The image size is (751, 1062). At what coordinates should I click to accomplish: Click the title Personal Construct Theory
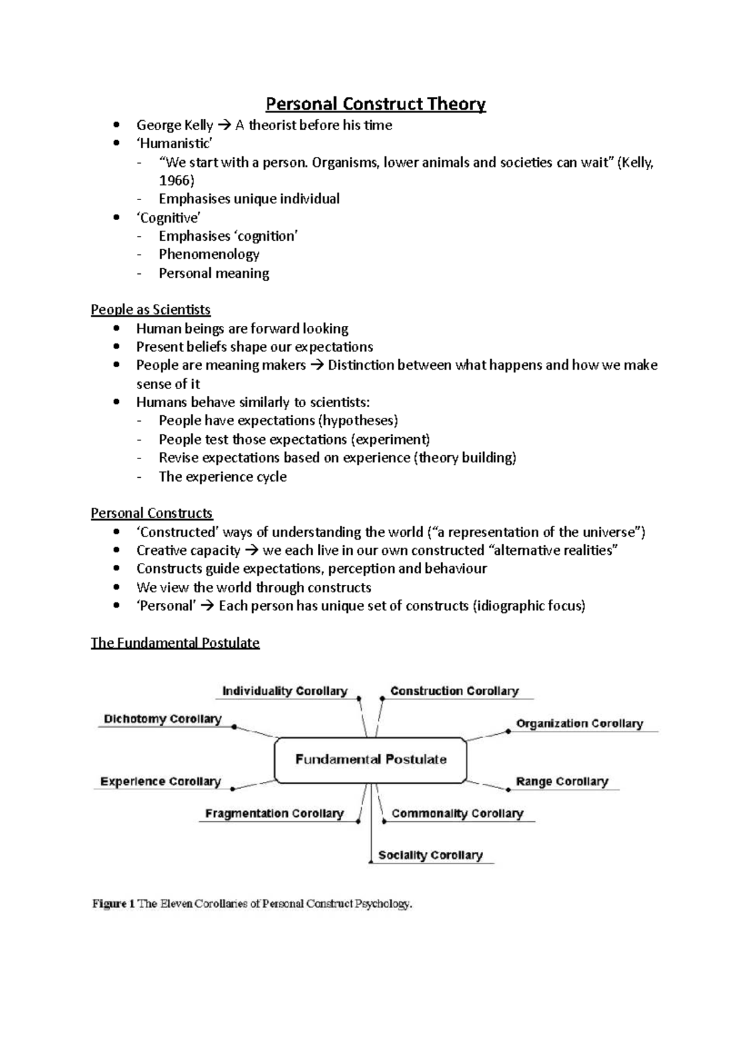click(x=375, y=103)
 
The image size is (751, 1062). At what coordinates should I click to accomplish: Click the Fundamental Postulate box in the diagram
click(x=370, y=759)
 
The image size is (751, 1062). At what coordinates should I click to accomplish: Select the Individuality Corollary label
click(x=285, y=691)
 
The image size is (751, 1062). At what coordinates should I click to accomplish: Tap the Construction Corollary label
click(x=454, y=691)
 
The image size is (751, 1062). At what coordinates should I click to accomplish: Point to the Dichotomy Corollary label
click(x=163, y=719)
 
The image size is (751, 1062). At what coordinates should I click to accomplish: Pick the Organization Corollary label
click(x=580, y=724)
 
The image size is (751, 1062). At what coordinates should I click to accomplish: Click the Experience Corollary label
click(x=160, y=782)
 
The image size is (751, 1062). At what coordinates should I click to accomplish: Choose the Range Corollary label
click(x=562, y=782)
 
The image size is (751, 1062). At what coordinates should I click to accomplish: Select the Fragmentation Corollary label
click(x=274, y=814)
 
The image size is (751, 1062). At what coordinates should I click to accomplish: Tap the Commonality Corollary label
click(x=457, y=814)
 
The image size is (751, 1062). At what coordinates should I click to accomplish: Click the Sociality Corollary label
click(x=431, y=855)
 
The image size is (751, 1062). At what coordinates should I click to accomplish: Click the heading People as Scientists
click(x=150, y=310)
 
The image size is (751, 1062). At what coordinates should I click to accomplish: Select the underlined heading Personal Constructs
click(x=151, y=513)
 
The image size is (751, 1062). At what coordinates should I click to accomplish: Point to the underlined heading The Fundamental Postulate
click(x=175, y=643)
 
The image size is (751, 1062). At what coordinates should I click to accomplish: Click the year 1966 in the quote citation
click(x=176, y=181)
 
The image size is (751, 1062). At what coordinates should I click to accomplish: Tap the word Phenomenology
click(x=209, y=255)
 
